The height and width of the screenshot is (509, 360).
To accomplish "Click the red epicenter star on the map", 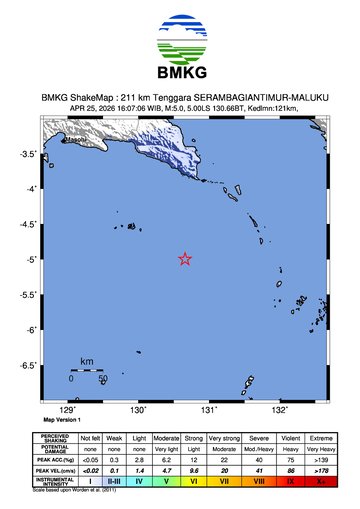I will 185,259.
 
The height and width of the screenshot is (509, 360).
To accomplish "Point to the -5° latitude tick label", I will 30,259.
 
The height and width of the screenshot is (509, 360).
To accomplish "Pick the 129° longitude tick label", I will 69,410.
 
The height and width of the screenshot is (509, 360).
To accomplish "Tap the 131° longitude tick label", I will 210,410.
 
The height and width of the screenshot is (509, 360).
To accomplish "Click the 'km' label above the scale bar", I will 87,361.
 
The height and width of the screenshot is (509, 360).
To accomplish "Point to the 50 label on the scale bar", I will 102,379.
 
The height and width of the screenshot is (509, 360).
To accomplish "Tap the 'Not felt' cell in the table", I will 91,437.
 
